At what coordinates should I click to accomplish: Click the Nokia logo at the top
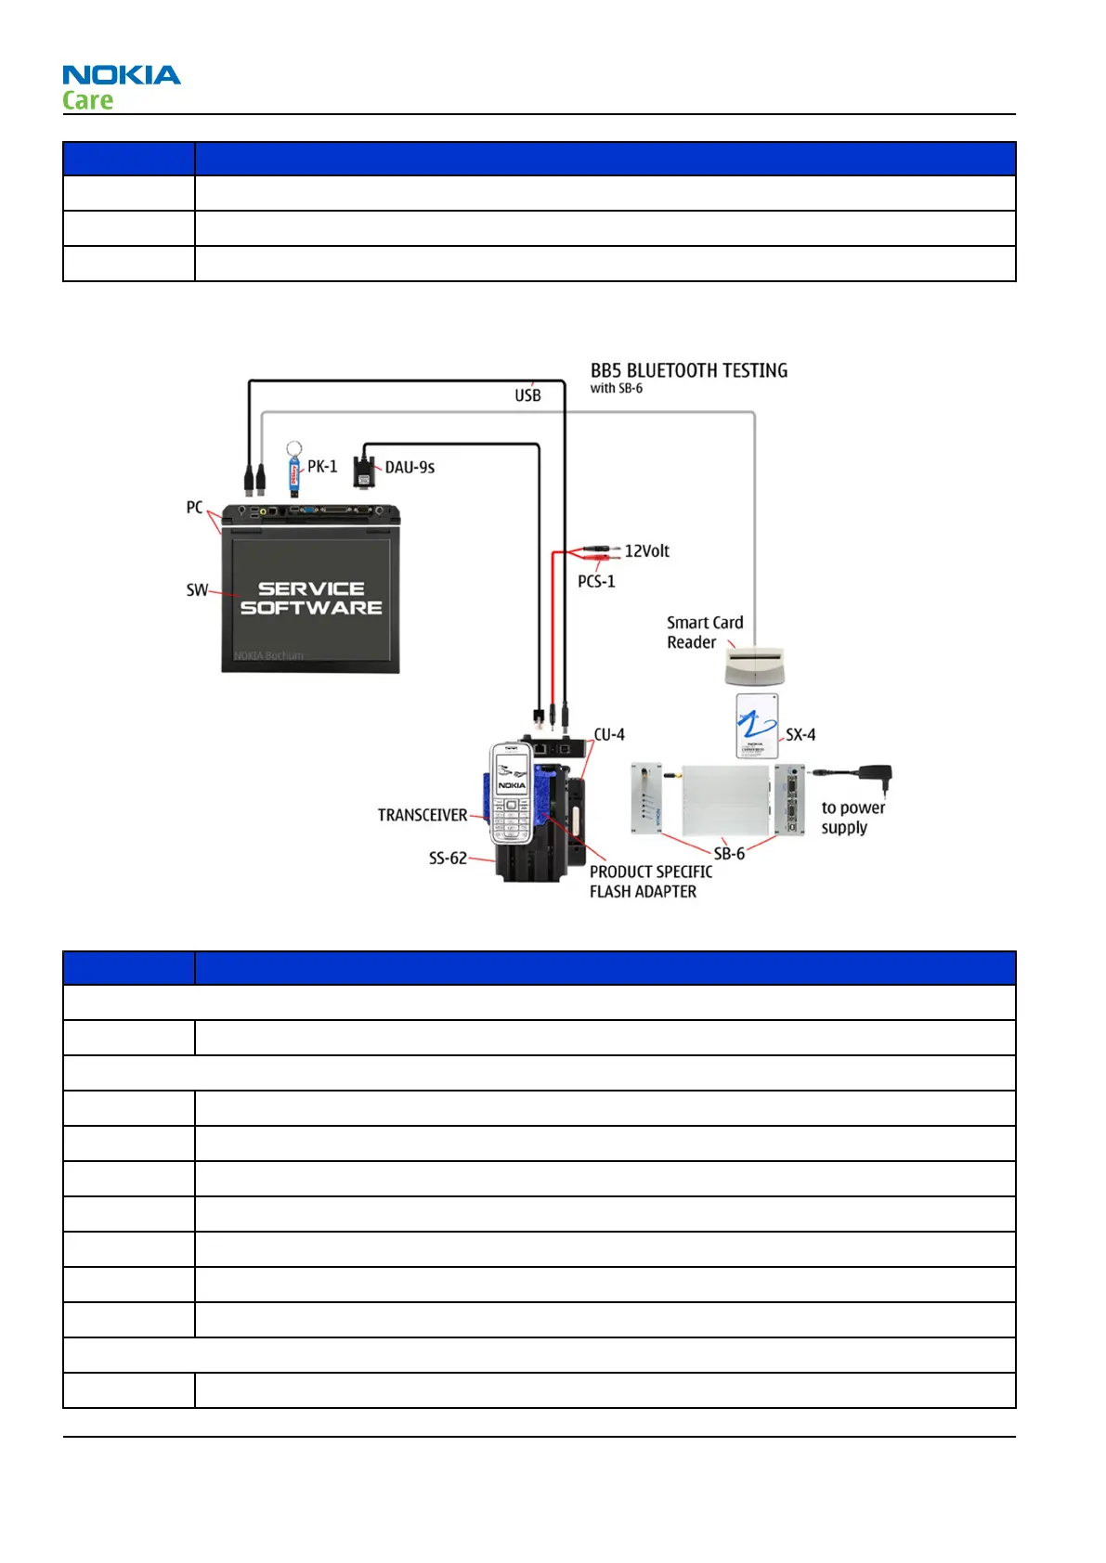tap(121, 75)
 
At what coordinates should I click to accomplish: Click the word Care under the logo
tap(87, 100)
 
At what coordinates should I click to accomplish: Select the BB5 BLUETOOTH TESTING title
tap(688, 371)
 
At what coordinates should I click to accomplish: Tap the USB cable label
tap(527, 395)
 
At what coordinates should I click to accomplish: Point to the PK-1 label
tap(322, 467)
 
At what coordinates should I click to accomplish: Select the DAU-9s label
tap(410, 468)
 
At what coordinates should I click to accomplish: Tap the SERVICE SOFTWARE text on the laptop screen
tap(311, 599)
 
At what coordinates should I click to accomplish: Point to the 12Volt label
tap(646, 551)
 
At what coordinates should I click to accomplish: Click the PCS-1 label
tap(596, 582)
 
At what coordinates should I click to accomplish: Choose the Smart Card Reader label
tap(704, 632)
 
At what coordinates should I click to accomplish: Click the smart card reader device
tap(754, 665)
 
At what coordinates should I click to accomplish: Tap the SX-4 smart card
tap(757, 726)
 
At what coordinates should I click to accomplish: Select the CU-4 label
tap(609, 735)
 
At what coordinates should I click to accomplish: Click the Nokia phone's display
tap(511, 770)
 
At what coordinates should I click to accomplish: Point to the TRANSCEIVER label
tap(423, 815)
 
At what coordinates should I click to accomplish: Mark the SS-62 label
tap(448, 859)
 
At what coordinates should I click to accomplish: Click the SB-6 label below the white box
tap(729, 854)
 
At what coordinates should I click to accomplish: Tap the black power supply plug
tap(875, 776)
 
